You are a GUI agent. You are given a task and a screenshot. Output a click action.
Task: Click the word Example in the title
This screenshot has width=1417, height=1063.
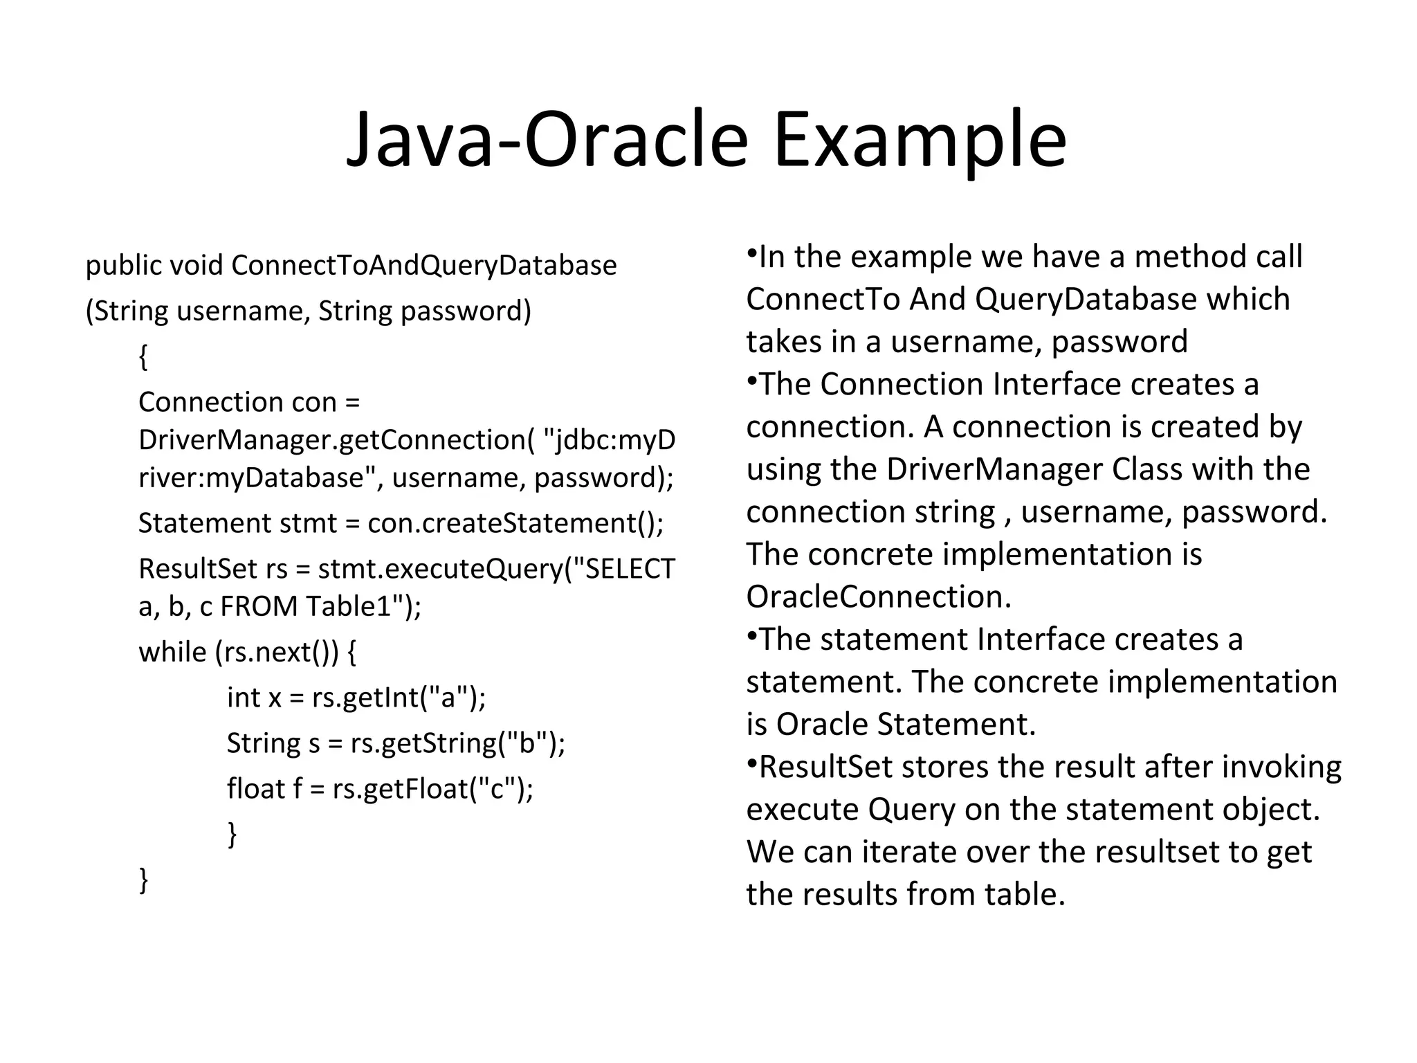[x=920, y=140]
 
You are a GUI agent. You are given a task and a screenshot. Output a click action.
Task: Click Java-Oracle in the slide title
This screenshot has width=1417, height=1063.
[x=547, y=140]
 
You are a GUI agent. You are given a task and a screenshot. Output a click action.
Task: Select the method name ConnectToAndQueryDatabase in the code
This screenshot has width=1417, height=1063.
[x=423, y=266]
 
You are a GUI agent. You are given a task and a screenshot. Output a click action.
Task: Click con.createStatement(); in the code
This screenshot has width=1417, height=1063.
[x=515, y=523]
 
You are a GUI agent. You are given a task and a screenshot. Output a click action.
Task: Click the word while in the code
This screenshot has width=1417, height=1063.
[x=172, y=652]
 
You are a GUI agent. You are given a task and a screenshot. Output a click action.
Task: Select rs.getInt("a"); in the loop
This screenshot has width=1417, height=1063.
[x=399, y=698]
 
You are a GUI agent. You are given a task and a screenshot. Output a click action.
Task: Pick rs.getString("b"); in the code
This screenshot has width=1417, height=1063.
[x=457, y=743]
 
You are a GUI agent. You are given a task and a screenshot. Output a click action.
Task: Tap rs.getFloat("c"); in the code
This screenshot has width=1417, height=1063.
[x=432, y=789]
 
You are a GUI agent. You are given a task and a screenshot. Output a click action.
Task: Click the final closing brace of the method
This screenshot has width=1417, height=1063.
[x=144, y=880]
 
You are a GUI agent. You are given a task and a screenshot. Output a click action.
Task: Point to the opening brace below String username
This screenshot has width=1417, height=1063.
[x=143, y=357]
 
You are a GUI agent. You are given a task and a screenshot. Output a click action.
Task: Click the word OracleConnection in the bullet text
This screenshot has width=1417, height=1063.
[x=879, y=597]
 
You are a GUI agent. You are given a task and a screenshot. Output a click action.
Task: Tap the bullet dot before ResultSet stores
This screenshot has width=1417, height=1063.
[x=751, y=762]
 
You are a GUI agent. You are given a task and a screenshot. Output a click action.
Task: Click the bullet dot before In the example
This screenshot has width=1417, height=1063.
[x=751, y=252]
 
